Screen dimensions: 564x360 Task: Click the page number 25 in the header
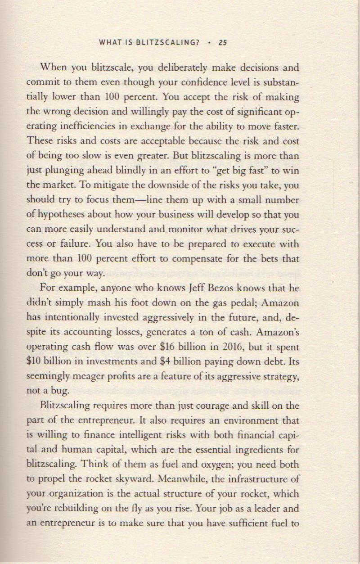[x=222, y=43]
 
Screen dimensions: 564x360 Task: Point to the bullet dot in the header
[x=210, y=43]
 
